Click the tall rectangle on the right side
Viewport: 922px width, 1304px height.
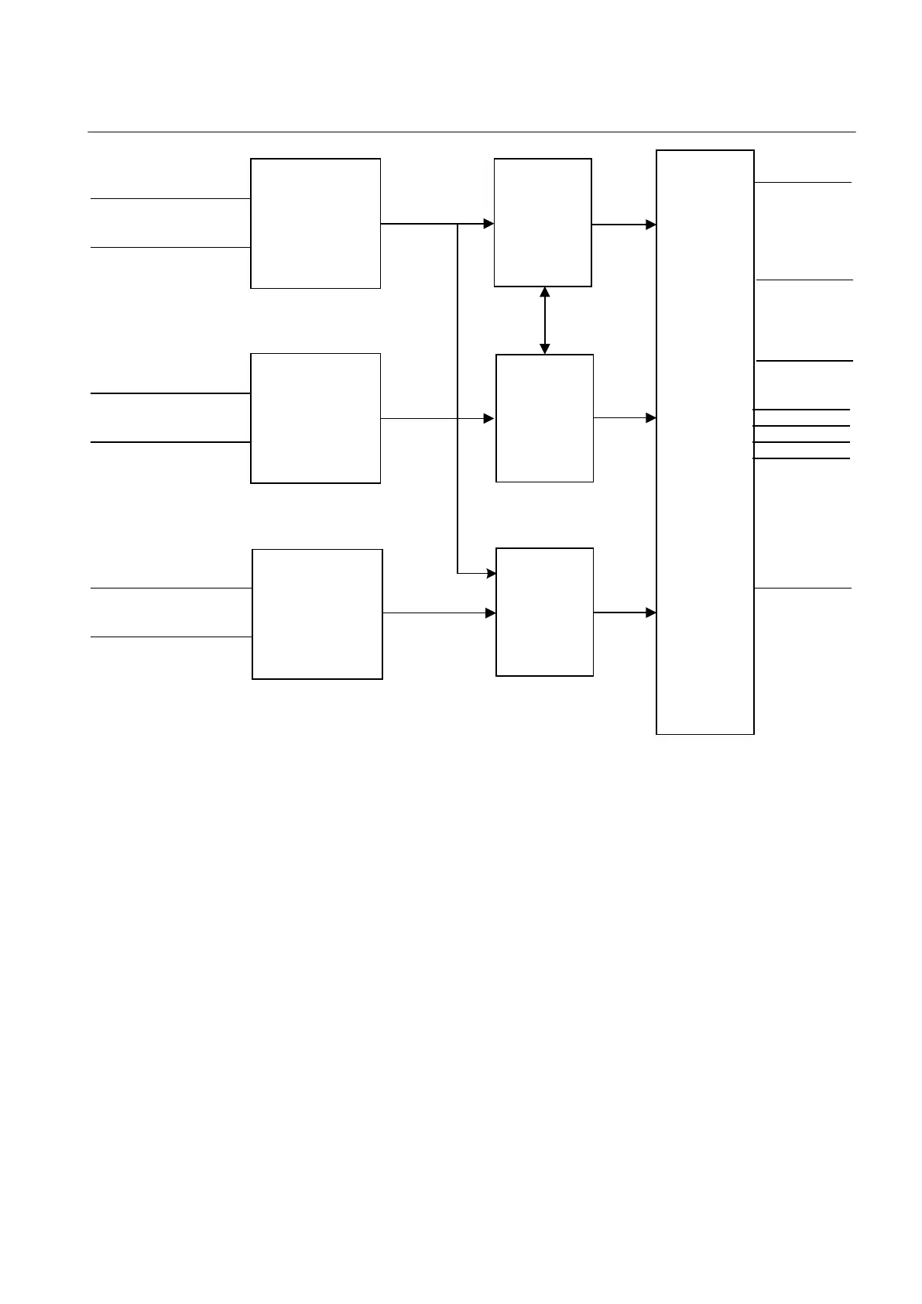[704, 441]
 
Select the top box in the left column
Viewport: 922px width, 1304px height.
[315, 223]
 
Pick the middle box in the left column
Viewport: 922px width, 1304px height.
[315, 418]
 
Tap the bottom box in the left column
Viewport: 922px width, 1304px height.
[317, 614]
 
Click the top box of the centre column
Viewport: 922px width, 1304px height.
[543, 222]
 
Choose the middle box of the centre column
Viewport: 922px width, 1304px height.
[544, 418]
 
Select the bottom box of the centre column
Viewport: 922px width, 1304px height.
[544, 612]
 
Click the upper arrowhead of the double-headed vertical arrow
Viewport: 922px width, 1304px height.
[544, 292]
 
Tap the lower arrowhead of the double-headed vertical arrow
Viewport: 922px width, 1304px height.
[544, 349]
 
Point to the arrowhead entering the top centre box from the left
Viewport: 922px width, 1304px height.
[489, 224]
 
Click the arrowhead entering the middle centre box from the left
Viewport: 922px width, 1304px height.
[489, 418]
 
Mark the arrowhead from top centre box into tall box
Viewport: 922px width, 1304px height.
[651, 225]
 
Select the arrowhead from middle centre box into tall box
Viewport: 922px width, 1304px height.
[651, 418]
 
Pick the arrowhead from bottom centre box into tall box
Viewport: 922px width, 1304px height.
[651, 613]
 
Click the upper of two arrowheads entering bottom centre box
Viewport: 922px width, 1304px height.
[491, 574]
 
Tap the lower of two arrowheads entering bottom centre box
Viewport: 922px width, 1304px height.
[491, 613]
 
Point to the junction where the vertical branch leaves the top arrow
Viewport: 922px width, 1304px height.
[458, 224]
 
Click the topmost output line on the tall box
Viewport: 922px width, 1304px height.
[803, 183]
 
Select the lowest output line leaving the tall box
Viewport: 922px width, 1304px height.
[803, 589]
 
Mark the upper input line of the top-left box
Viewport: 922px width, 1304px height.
[170, 199]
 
